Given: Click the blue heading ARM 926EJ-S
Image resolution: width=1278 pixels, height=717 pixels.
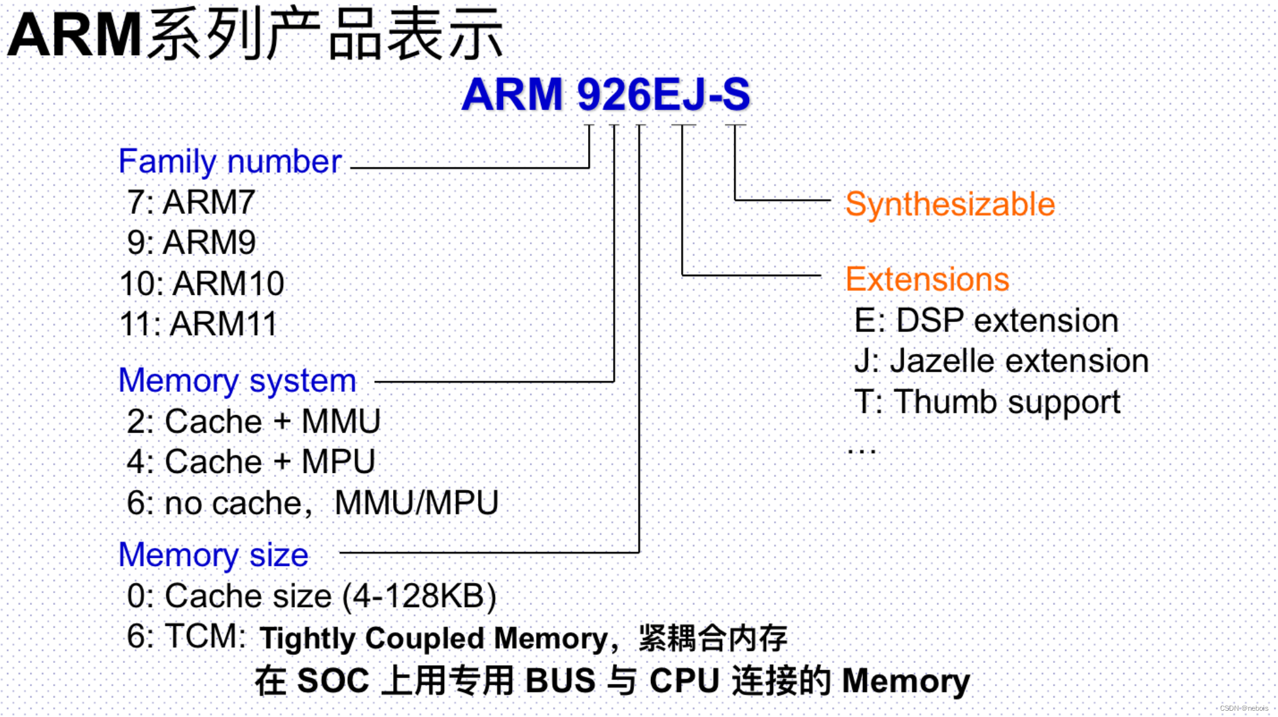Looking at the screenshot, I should (606, 94).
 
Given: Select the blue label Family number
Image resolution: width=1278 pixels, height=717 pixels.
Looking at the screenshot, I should (230, 162).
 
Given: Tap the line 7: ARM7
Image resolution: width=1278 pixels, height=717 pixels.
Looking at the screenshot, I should (191, 203).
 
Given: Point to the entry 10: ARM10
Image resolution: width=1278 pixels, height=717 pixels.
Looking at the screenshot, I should (202, 284).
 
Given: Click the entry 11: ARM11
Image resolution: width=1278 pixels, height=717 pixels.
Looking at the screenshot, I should (198, 325).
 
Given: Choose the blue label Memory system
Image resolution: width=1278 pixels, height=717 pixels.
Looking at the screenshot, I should (237, 381).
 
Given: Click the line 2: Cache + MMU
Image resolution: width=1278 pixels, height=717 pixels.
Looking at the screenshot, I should (253, 421).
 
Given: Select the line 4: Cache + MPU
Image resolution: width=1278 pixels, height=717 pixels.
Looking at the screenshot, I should (250, 462).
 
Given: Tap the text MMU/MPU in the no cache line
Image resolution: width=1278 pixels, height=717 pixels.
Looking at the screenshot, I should (416, 503).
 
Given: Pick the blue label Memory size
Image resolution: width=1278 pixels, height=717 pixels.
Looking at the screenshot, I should (213, 555).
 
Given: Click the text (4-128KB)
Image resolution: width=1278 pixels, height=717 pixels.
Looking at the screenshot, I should (420, 596).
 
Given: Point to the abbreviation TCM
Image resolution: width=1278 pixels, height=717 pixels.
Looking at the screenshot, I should (204, 636).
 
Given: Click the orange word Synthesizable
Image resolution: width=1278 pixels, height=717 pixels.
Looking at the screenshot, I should (950, 204).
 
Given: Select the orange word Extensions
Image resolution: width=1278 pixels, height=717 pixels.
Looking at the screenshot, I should (927, 279).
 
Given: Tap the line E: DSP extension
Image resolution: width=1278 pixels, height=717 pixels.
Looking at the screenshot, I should (986, 321).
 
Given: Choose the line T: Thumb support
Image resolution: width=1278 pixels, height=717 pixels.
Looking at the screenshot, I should (987, 403).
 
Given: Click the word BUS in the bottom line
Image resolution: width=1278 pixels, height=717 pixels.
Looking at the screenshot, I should (560, 681).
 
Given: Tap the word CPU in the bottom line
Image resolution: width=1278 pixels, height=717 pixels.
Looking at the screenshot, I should (684, 681).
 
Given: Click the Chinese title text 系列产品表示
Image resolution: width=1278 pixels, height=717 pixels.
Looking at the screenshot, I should (325, 35).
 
